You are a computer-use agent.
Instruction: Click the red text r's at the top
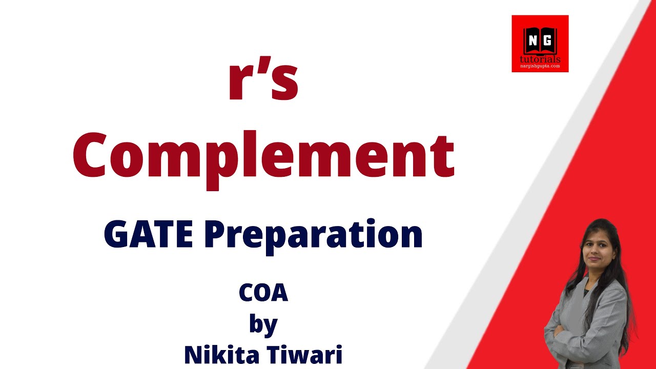tap(263, 81)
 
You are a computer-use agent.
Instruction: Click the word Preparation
tap(313, 236)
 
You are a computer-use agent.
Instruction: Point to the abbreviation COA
tap(263, 293)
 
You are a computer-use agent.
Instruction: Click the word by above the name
tap(263, 325)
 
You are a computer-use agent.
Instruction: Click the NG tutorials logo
tap(540, 44)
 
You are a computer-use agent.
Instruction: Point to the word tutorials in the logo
tap(540, 59)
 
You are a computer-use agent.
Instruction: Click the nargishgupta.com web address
tap(540, 66)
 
